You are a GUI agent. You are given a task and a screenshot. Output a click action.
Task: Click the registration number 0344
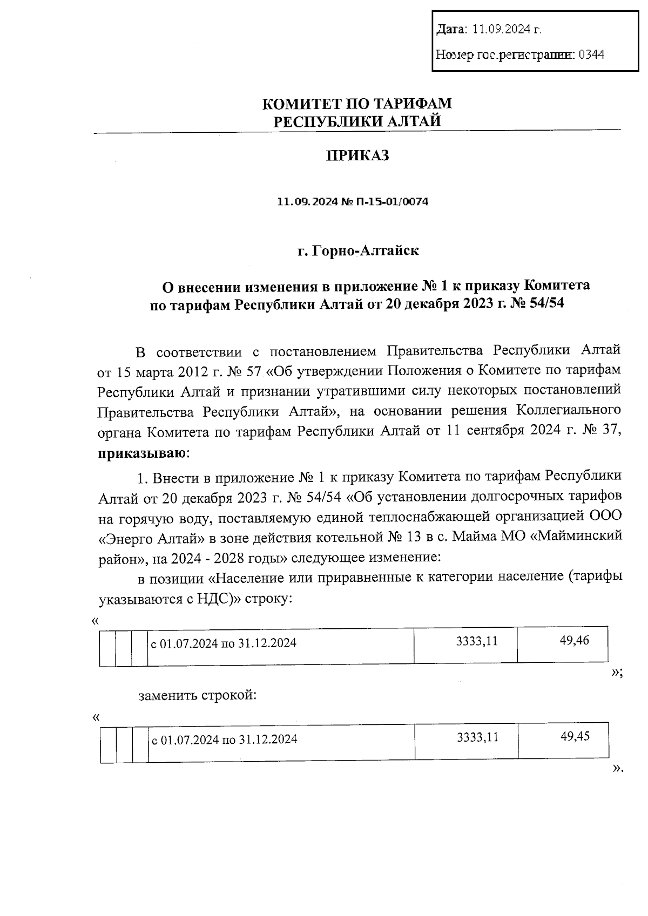[591, 55]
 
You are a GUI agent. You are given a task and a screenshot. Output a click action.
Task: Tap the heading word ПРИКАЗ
[357, 156]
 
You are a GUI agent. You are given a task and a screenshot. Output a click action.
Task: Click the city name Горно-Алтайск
[365, 251]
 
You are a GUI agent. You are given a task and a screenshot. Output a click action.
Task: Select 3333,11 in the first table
[476, 641]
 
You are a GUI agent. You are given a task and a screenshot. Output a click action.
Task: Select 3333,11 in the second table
[477, 737]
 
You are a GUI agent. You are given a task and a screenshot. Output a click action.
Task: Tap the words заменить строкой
[197, 695]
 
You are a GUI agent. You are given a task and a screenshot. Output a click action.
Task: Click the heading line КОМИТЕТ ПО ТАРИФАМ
[357, 103]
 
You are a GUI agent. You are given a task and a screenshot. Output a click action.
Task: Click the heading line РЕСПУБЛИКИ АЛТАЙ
[357, 121]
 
